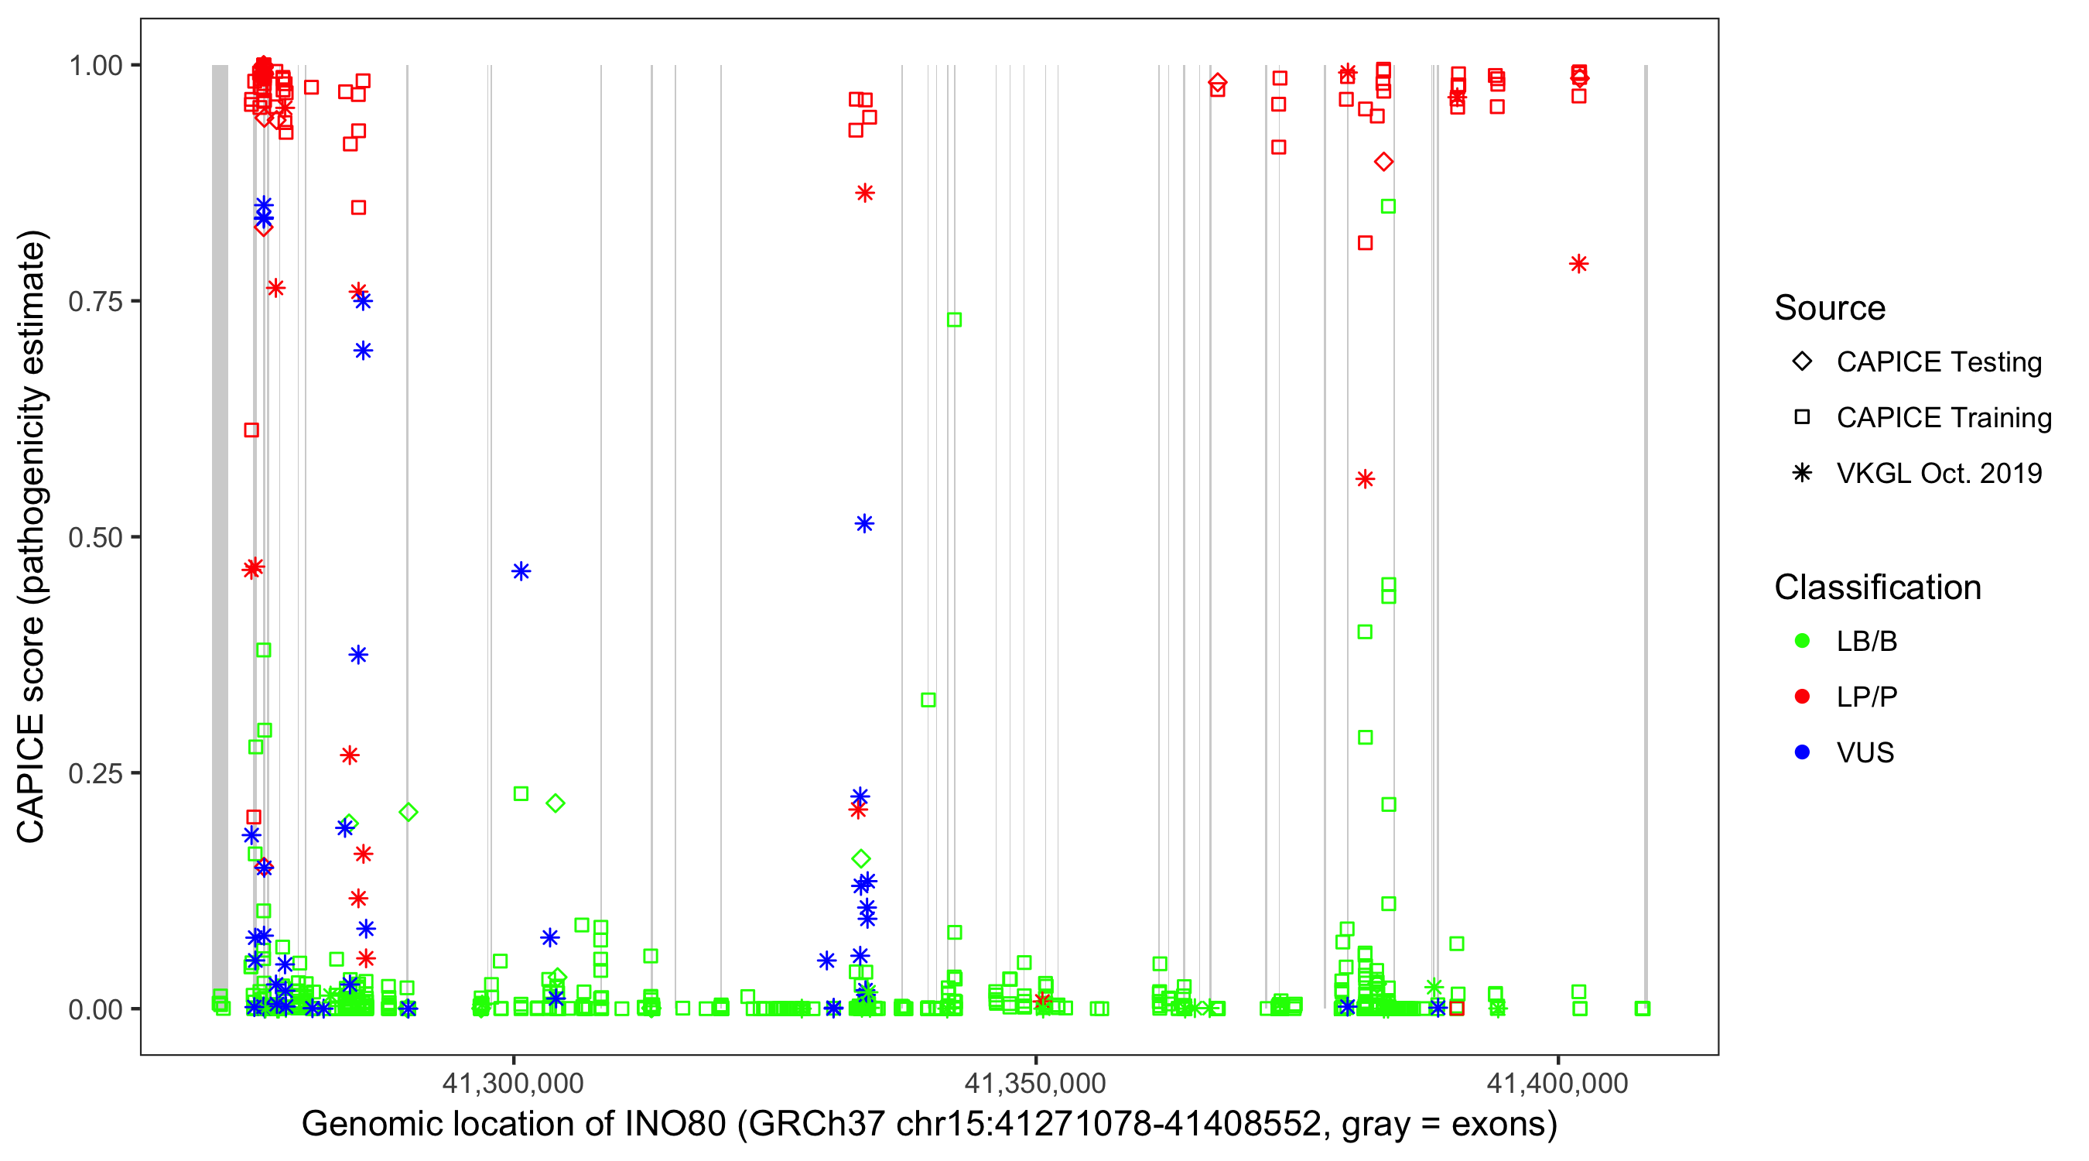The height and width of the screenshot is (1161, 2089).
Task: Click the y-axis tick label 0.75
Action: coord(94,302)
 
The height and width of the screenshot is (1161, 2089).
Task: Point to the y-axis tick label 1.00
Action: coord(94,66)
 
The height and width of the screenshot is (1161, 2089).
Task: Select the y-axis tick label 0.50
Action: coord(94,538)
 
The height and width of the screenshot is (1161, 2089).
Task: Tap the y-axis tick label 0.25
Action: coord(94,773)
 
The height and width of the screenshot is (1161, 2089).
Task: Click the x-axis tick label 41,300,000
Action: coord(512,1083)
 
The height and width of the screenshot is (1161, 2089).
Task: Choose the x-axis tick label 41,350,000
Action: coord(1034,1083)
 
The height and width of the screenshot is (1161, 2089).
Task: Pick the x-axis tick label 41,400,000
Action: coord(1557,1083)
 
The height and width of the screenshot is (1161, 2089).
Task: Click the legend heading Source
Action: coord(1830,308)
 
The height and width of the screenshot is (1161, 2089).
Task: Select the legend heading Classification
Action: coord(1877,587)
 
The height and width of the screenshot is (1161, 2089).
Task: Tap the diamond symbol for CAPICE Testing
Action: coord(1802,362)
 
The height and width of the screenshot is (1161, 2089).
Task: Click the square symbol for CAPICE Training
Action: coord(1802,418)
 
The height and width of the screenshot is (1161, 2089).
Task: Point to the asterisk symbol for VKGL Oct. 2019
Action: coord(1802,473)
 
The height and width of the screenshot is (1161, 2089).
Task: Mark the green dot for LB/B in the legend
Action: coord(1802,642)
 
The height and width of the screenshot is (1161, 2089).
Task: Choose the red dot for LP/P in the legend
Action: coord(1802,697)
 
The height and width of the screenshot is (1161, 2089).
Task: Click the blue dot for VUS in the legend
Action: coord(1802,753)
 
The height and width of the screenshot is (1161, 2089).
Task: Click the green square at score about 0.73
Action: coord(955,320)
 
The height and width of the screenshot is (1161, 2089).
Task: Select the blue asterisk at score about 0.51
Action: coord(864,524)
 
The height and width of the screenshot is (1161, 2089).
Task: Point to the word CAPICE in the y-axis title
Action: coord(31,779)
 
